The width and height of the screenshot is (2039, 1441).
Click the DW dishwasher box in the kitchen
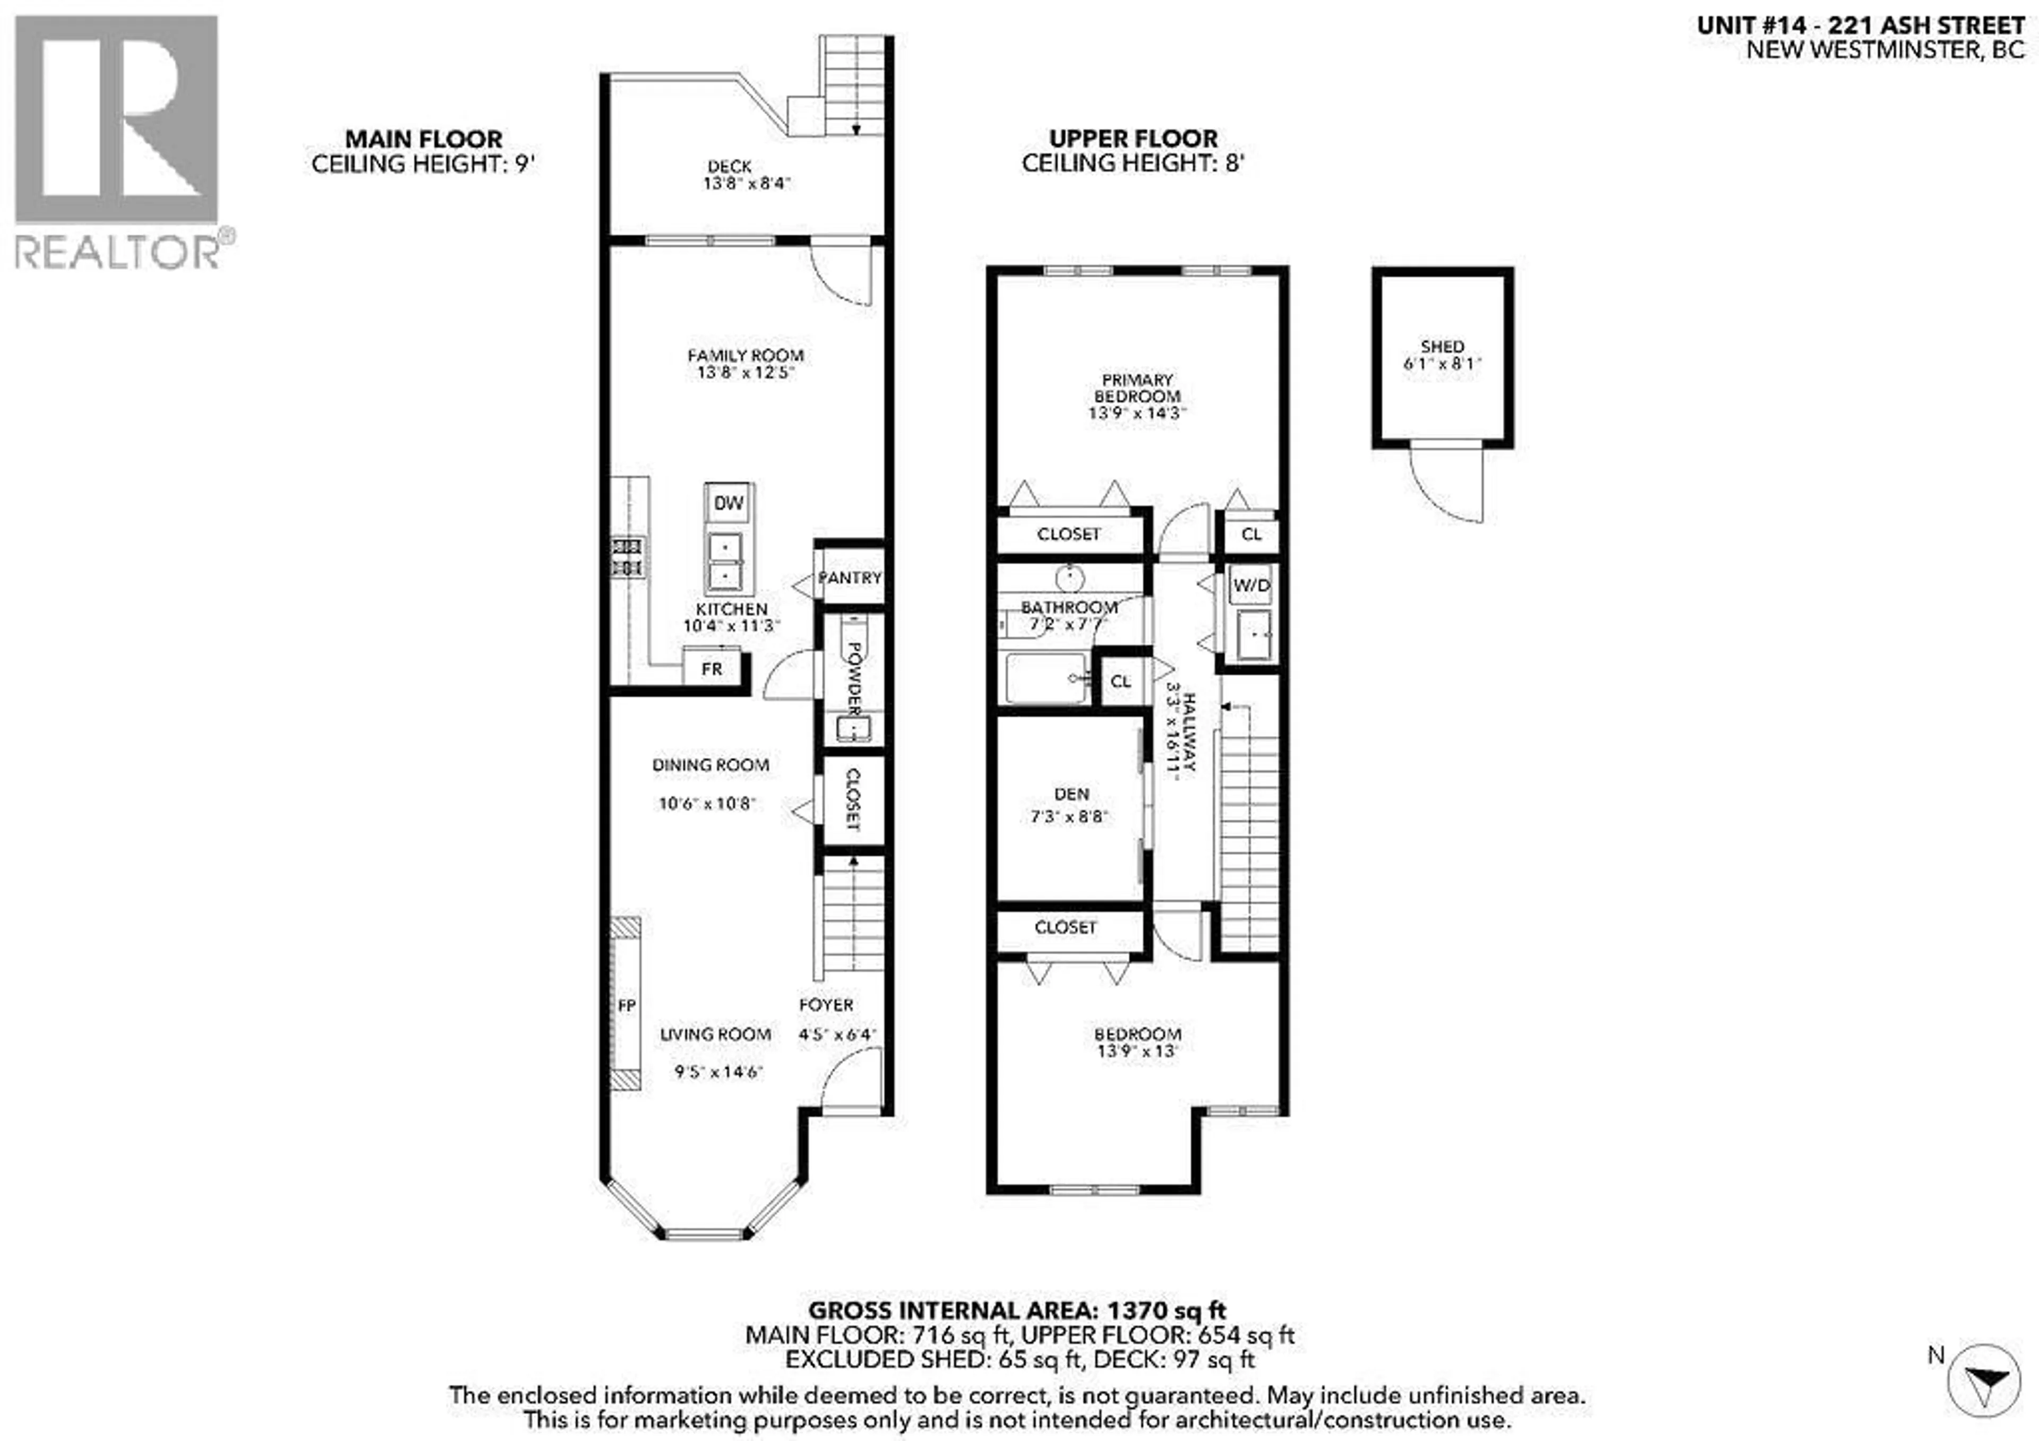tap(728, 503)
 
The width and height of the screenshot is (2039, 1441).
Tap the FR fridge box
tap(712, 669)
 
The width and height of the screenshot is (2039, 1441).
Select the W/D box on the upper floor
tap(1252, 585)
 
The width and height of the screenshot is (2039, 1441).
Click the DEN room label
tap(1071, 794)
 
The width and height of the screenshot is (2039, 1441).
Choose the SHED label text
tap(1442, 346)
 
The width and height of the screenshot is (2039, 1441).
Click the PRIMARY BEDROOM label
tap(1137, 388)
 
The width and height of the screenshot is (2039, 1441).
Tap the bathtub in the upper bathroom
tap(1046, 678)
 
